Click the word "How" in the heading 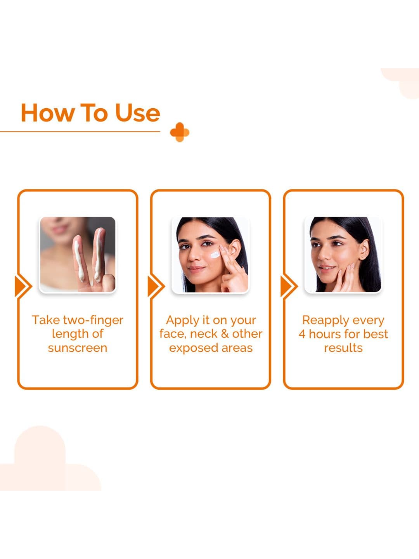point(48,113)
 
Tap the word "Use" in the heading point(137,113)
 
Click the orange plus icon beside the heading point(180,132)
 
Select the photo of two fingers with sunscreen point(78,254)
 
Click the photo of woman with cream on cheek point(211,255)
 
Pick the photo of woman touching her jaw point(343,254)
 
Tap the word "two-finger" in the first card point(93,321)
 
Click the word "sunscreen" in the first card point(78,348)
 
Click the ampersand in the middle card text point(225,334)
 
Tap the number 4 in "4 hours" point(302,334)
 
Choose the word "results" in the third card point(343,348)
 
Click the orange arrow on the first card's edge point(23,286)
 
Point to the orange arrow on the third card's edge point(289,286)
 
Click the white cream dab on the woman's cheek point(215,255)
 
